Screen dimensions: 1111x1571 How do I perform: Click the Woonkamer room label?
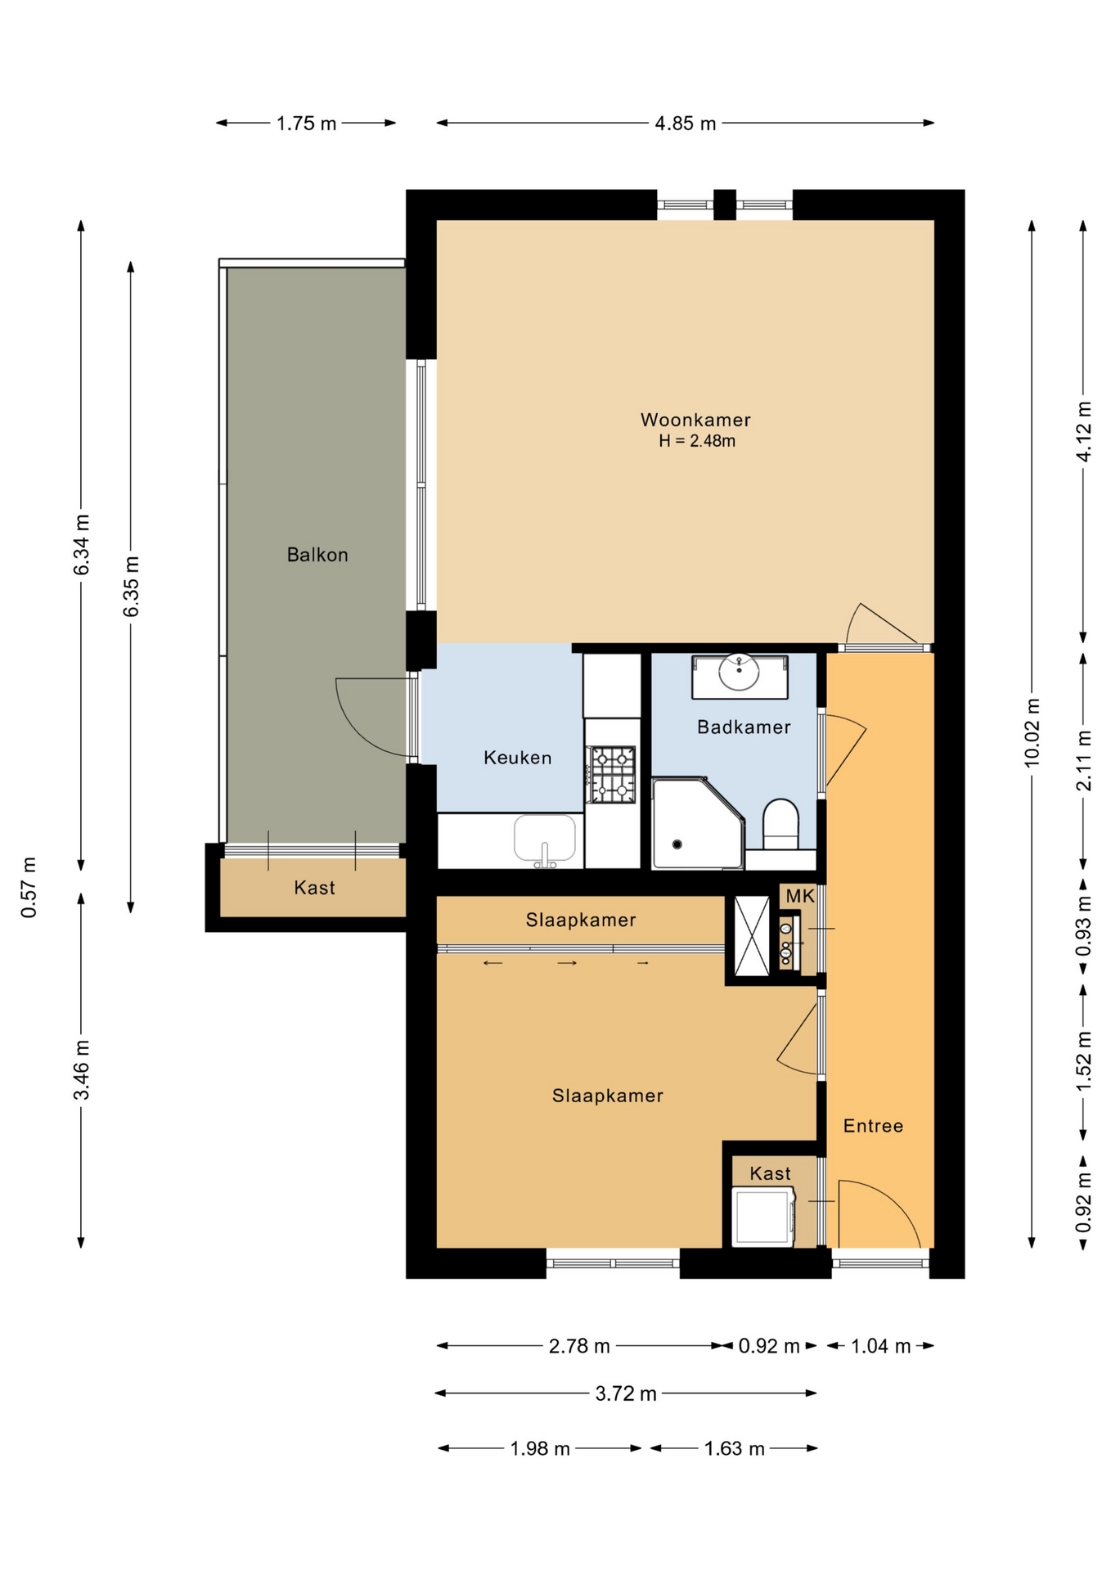(x=695, y=420)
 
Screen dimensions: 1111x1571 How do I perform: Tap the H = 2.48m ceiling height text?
(x=696, y=441)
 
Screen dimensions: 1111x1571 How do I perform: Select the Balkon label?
(x=317, y=555)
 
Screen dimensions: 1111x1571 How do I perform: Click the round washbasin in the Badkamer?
(x=739, y=673)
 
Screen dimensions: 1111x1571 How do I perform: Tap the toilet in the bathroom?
(x=780, y=825)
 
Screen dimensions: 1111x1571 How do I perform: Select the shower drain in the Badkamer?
(x=677, y=844)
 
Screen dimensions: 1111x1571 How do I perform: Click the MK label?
(x=799, y=896)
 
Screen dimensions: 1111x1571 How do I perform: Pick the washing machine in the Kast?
(x=763, y=1217)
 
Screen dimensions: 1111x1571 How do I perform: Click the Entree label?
(x=873, y=1126)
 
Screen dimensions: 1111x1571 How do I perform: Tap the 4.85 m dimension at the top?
(x=685, y=124)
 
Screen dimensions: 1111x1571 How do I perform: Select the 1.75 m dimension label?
(x=306, y=124)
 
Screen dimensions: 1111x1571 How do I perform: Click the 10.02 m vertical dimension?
(x=1032, y=732)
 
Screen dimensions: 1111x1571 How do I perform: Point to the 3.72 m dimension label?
(x=626, y=1393)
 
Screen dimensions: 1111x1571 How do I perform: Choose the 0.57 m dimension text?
(x=29, y=888)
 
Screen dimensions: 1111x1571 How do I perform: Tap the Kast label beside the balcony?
(x=314, y=888)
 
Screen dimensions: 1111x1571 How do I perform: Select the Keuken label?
(x=517, y=758)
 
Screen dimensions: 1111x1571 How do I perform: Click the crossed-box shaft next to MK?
(x=752, y=936)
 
